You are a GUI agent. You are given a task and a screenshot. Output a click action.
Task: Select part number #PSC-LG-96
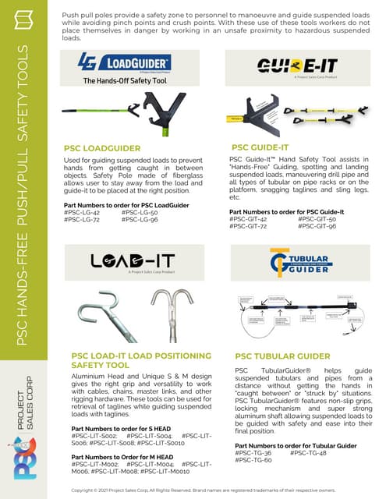[140, 219]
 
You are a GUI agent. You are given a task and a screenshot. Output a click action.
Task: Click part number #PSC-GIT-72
[249, 226]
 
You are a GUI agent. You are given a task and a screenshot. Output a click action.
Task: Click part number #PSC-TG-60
[252, 461]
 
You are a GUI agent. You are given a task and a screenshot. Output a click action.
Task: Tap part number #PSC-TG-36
[253, 453]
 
